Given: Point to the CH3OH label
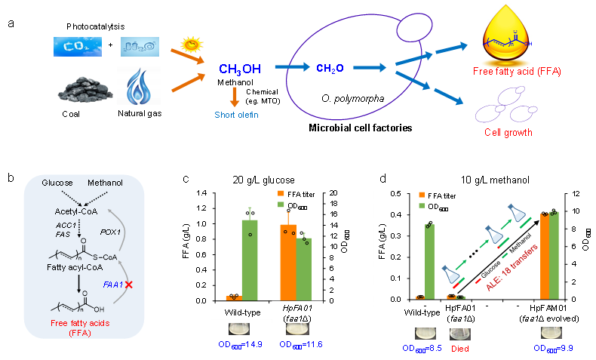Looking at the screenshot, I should pyautogui.click(x=240, y=69).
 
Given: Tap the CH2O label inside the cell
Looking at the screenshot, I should pyautogui.click(x=330, y=69).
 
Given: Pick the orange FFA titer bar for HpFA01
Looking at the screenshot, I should pyautogui.click(x=287, y=262).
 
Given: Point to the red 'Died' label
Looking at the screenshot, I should pyautogui.click(x=461, y=349).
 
